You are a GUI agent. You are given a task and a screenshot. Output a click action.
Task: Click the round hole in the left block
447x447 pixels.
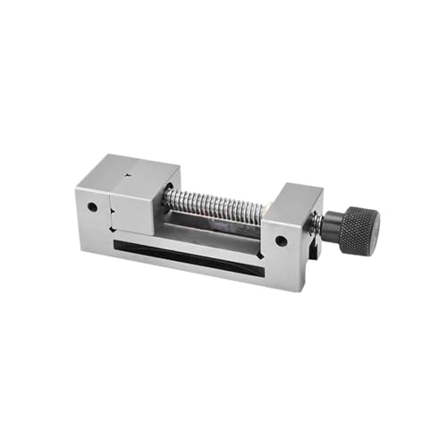click(x=93, y=207)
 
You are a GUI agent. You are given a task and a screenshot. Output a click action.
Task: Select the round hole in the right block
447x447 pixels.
click(x=281, y=240)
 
